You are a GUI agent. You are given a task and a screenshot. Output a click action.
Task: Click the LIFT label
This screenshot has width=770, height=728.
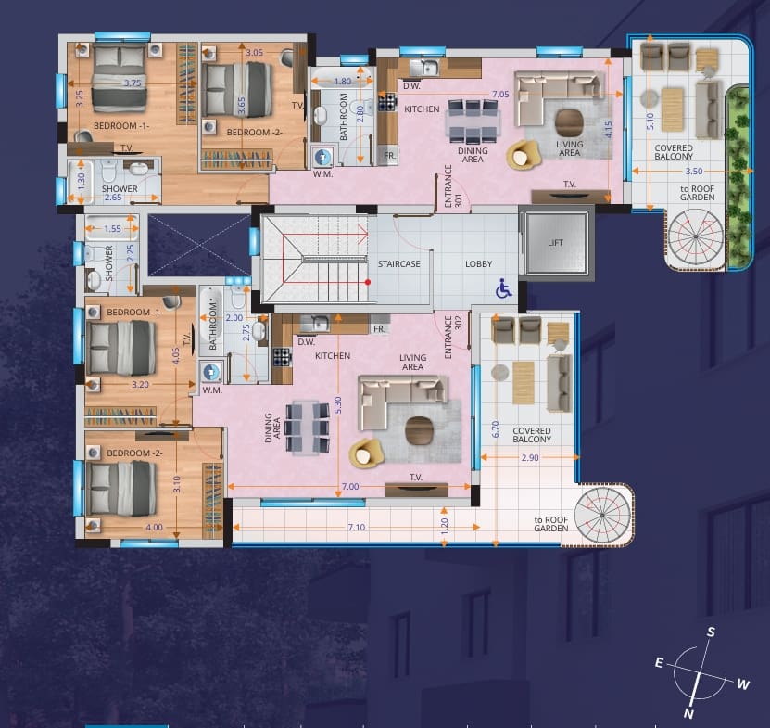coord(555,242)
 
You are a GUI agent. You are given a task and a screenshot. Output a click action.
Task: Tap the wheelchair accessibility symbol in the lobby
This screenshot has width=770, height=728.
coord(503,288)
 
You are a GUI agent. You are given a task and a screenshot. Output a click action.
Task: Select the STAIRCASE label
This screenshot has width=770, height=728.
coord(398,264)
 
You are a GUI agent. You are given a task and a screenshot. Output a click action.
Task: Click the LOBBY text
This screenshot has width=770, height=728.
coord(478,264)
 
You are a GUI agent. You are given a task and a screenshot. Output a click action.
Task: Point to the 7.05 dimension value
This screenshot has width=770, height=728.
coord(500,94)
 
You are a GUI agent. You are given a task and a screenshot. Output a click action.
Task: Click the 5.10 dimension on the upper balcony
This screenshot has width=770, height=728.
coord(650,121)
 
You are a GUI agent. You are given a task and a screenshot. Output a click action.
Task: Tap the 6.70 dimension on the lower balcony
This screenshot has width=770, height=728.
coord(495,429)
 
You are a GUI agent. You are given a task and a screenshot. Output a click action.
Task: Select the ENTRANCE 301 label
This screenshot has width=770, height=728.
coord(453,186)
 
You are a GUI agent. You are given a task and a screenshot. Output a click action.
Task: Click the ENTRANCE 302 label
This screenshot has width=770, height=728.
coord(453,337)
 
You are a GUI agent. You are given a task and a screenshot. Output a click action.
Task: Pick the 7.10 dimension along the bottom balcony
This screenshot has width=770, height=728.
coord(357,528)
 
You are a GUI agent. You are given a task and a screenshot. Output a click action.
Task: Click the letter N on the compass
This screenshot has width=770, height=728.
coord(688,714)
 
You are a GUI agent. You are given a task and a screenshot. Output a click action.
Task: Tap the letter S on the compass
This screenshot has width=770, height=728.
coord(711,632)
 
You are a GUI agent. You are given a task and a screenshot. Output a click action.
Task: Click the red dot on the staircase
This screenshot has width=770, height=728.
coord(367,282)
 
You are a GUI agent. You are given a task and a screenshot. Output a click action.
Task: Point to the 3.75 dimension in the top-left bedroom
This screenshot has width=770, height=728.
coord(133,83)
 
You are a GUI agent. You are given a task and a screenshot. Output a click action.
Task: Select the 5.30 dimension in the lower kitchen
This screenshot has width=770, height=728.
coord(337,405)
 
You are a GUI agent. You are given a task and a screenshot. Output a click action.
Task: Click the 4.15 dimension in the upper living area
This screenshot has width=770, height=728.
coord(609,129)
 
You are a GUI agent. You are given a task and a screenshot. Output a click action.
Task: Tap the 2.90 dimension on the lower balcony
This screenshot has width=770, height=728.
coord(530,457)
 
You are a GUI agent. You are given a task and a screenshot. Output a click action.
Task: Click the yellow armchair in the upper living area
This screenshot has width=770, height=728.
coord(523,155)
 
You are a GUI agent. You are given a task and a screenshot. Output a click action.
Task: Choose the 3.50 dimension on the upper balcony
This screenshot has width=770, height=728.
coord(694,171)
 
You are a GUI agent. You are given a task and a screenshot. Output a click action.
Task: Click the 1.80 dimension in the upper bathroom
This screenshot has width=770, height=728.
coord(343,81)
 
